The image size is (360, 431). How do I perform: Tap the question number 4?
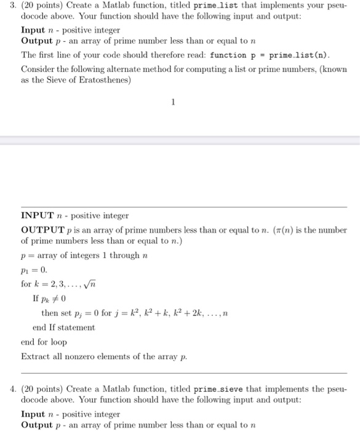6,389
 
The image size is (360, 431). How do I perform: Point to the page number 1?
174,102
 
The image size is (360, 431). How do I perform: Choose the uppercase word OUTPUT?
42,230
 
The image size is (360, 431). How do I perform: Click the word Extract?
34,356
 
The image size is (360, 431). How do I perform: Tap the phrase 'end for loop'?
44,342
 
